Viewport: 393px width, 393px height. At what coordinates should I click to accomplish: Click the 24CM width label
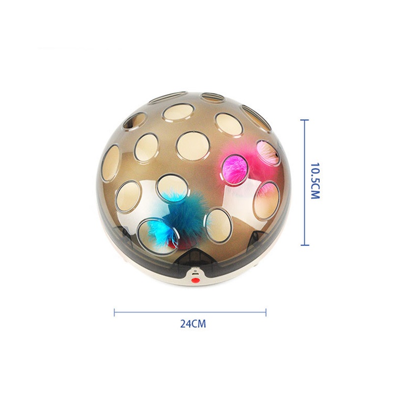coord(193,324)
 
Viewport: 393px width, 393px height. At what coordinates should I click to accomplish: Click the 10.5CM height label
coord(315,181)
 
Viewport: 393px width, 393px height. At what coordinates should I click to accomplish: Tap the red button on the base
coord(195,280)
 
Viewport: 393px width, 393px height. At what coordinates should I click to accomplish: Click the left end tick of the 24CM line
coord(114,312)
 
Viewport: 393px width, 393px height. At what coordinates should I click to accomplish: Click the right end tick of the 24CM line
coord(266,312)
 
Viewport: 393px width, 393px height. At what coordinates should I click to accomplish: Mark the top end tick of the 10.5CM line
coord(305,120)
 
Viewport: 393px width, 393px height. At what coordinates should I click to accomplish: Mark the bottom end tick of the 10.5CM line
coord(305,245)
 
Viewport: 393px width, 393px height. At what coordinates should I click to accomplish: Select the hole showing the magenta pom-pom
coord(235,169)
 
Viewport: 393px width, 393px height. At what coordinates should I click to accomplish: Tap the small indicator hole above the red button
coord(196,271)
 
